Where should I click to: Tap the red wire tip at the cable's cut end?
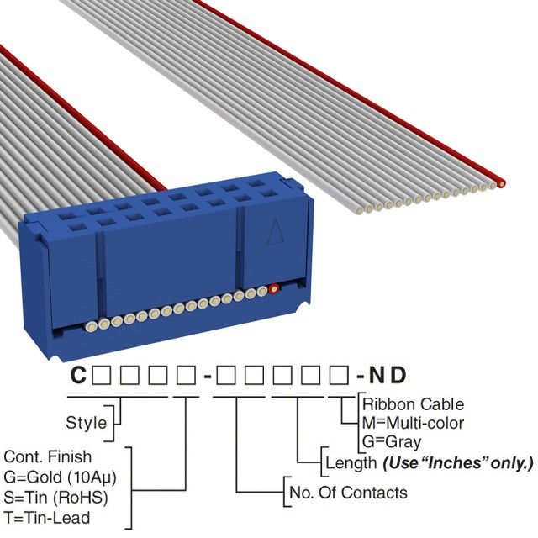coord(501,182)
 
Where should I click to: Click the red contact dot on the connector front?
coord(273,291)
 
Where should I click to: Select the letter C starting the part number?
coord(77,376)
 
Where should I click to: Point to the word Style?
coord(87,423)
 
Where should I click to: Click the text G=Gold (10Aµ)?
coord(55,476)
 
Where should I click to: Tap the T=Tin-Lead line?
coord(47,516)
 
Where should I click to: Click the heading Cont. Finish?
coord(48,456)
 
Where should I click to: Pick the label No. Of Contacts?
coord(347,493)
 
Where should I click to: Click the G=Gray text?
coord(392,441)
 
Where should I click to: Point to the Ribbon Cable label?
coord(413,404)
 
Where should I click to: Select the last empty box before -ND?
coord(338,376)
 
